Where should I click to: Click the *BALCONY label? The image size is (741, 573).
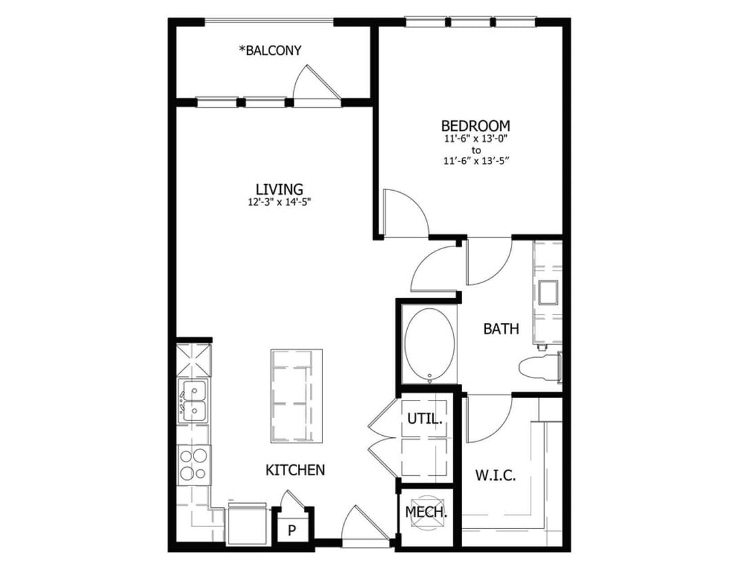click(x=269, y=50)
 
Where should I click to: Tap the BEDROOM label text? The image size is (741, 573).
click(x=475, y=126)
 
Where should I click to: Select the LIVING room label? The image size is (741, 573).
click(x=279, y=189)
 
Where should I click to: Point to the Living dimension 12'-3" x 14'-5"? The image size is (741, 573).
click(x=279, y=202)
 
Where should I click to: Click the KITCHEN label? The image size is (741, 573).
click(x=294, y=470)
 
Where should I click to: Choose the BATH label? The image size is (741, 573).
click(x=501, y=329)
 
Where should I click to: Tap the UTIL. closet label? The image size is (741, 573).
click(x=425, y=420)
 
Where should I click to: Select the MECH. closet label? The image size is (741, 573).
click(x=426, y=512)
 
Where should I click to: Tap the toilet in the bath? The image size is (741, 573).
click(x=540, y=367)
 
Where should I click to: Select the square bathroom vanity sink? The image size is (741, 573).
click(x=548, y=292)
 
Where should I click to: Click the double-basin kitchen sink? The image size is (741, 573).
click(x=193, y=401)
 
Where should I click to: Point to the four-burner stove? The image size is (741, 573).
click(x=193, y=465)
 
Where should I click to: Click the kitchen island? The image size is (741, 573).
click(x=297, y=396)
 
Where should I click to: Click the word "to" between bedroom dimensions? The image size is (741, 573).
click(x=476, y=150)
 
